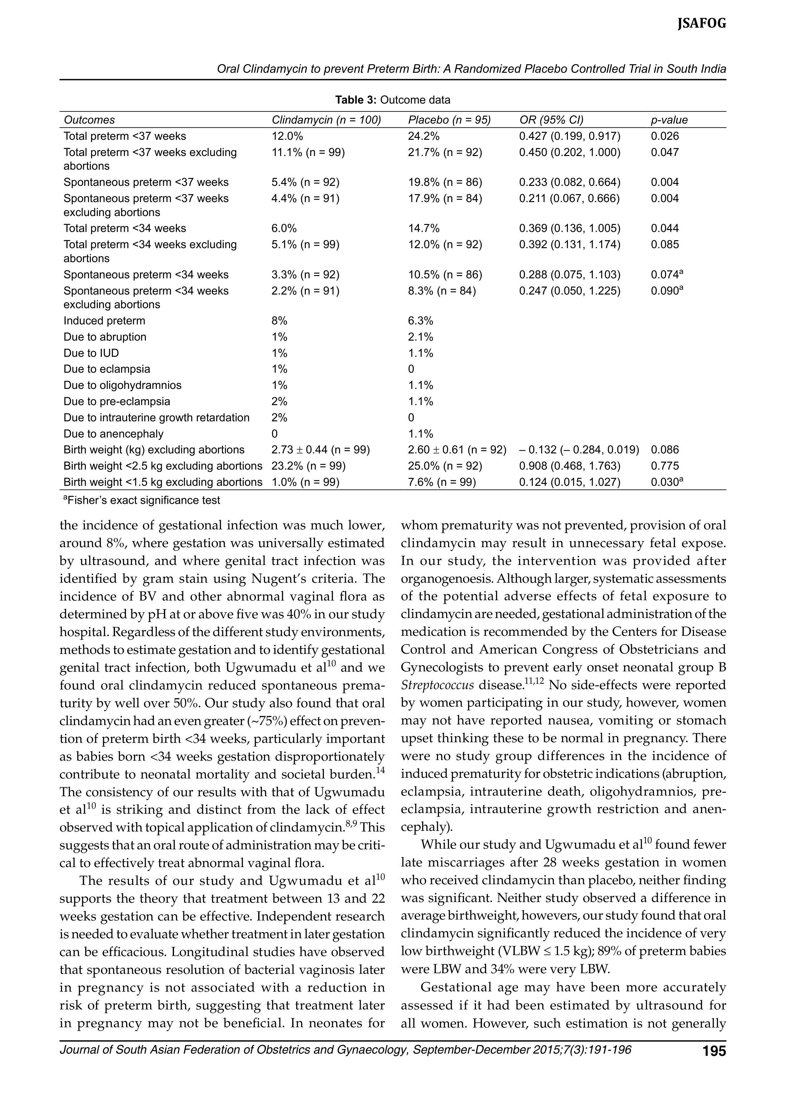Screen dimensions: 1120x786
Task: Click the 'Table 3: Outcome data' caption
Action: [x=393, y=100]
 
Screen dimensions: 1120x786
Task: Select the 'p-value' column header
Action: [x=669, y=120]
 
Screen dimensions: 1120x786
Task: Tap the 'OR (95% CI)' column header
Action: [x=551, y=120]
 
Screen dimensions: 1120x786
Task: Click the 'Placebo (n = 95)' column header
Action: [x=449, y=120]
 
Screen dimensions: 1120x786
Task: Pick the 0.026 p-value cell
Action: [x=665, y=136]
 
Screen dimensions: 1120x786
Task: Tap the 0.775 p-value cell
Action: [x=665, y=466]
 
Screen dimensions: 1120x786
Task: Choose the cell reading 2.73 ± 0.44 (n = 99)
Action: [x=320, y=450]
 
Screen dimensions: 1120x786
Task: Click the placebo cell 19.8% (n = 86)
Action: [x=445, y=182]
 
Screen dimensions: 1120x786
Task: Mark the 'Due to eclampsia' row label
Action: [x=107, y=369]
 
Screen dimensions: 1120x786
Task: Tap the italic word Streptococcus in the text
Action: [x=437, y=685]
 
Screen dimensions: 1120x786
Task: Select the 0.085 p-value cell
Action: [x=665, y=244]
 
